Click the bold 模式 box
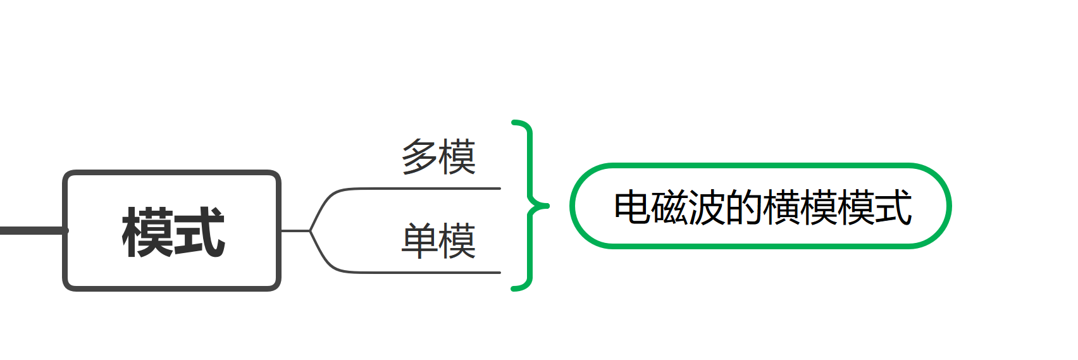(x=172, y=230)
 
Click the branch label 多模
(x=438, y=156)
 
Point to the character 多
(x=419, y=156)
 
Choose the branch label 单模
(x=438, y=240)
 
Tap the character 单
(x=419, y=240)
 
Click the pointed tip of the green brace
(x=548, y=206)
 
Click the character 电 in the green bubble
(x=633, y=207)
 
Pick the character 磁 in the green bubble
(x=669, y=207)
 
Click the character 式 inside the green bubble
(x=893, y=207)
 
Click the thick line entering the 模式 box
(x=33, y=230)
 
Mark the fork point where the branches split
(x=311, y=230)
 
